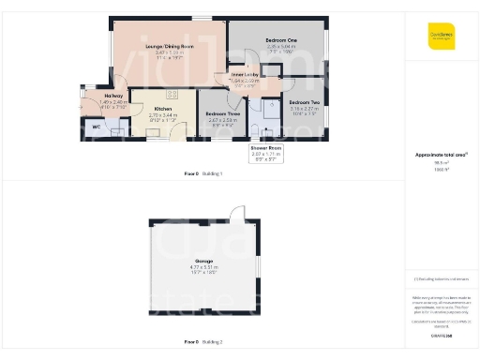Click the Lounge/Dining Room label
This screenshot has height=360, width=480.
tap(169, 46)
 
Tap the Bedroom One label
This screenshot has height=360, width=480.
tap(280, 40)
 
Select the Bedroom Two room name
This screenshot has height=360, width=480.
tap(305, 101)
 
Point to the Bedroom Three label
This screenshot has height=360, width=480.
tap(222, 114)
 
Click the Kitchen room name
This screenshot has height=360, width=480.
tap(163, 109)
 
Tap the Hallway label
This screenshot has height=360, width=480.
tap(113, 96)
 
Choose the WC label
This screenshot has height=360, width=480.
tap(96, 125)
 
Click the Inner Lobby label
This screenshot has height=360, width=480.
tap(245, 75)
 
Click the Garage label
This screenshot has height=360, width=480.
tap(203, 261)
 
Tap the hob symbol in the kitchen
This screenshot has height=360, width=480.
tap(172, 94)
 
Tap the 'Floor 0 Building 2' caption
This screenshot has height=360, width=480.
tap(203, 342)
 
